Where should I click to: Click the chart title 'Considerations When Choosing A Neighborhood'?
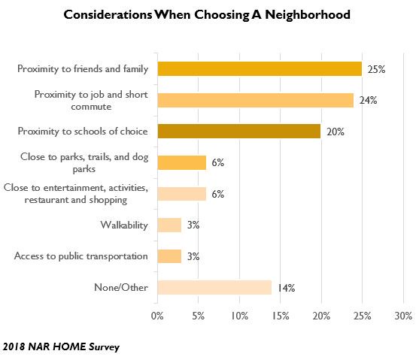coord(208,14)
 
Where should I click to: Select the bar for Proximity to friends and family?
coord(260,69)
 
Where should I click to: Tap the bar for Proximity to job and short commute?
coord(255,101)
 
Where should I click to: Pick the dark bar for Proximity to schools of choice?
coord(239,132)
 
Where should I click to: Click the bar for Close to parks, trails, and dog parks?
coord(181,162)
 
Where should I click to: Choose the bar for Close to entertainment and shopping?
coord(181,193)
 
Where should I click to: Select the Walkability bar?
coord(169,225)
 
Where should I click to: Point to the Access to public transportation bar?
coord(169,256)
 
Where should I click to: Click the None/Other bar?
coord(214,287)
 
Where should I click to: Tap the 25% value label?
coord(375,69)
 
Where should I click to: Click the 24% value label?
coord(368,101)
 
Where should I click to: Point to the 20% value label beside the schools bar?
coord(335,132)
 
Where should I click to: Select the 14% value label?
coord(286,287)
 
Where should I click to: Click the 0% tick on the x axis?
coord(157,316)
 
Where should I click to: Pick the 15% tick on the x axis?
coord(280,316)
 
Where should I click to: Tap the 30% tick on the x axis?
coord(403,316)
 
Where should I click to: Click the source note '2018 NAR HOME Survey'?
coord(60,347)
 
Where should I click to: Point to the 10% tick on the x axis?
coord(239,316)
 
